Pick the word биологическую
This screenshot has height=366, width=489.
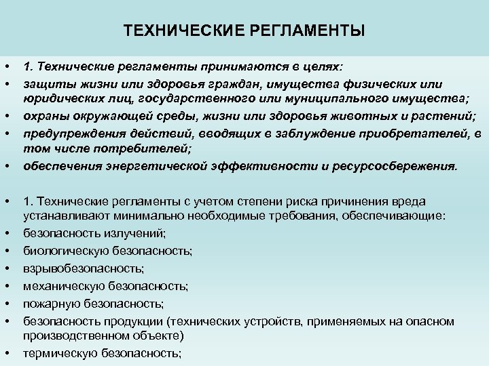[62, 251]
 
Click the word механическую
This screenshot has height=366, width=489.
[60, 286]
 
